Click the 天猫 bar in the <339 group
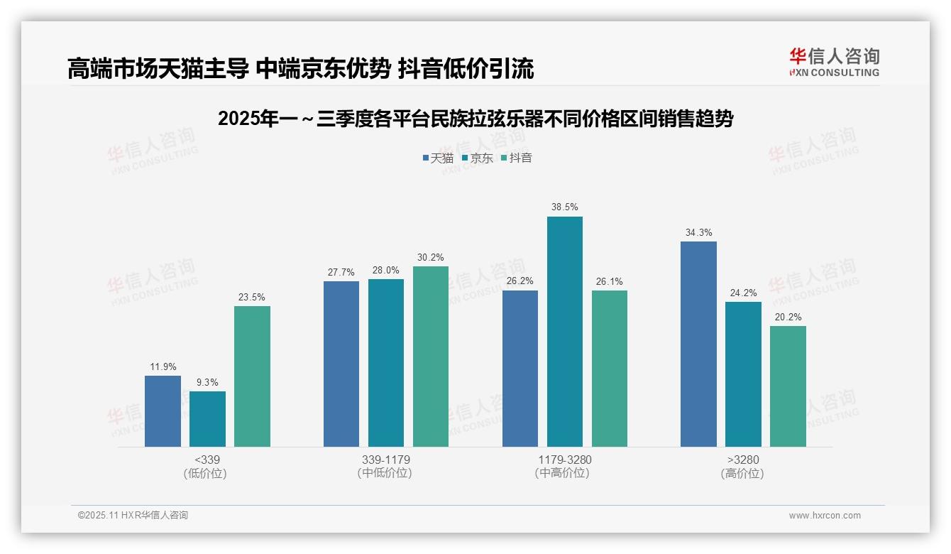(163, 411)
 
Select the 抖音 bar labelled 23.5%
(252, 376)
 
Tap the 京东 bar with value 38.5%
(565, 332)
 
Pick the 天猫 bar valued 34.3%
(698, 344)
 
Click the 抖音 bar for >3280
(788, 386)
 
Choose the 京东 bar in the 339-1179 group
(386, 363)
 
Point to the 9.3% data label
(207, 382)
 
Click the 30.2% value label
(431, 257)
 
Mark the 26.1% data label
(609, 281)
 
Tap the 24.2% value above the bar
(743, 293)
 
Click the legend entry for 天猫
(438, 158)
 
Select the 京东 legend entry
(477, 158)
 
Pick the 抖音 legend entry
(516, 158)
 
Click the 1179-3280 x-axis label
(564, 460)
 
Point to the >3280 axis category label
(742, 460)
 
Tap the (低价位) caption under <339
(207, 473)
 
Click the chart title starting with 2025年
(475, 119)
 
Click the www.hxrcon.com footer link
(825, 516)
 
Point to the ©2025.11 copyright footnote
(133, 516)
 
